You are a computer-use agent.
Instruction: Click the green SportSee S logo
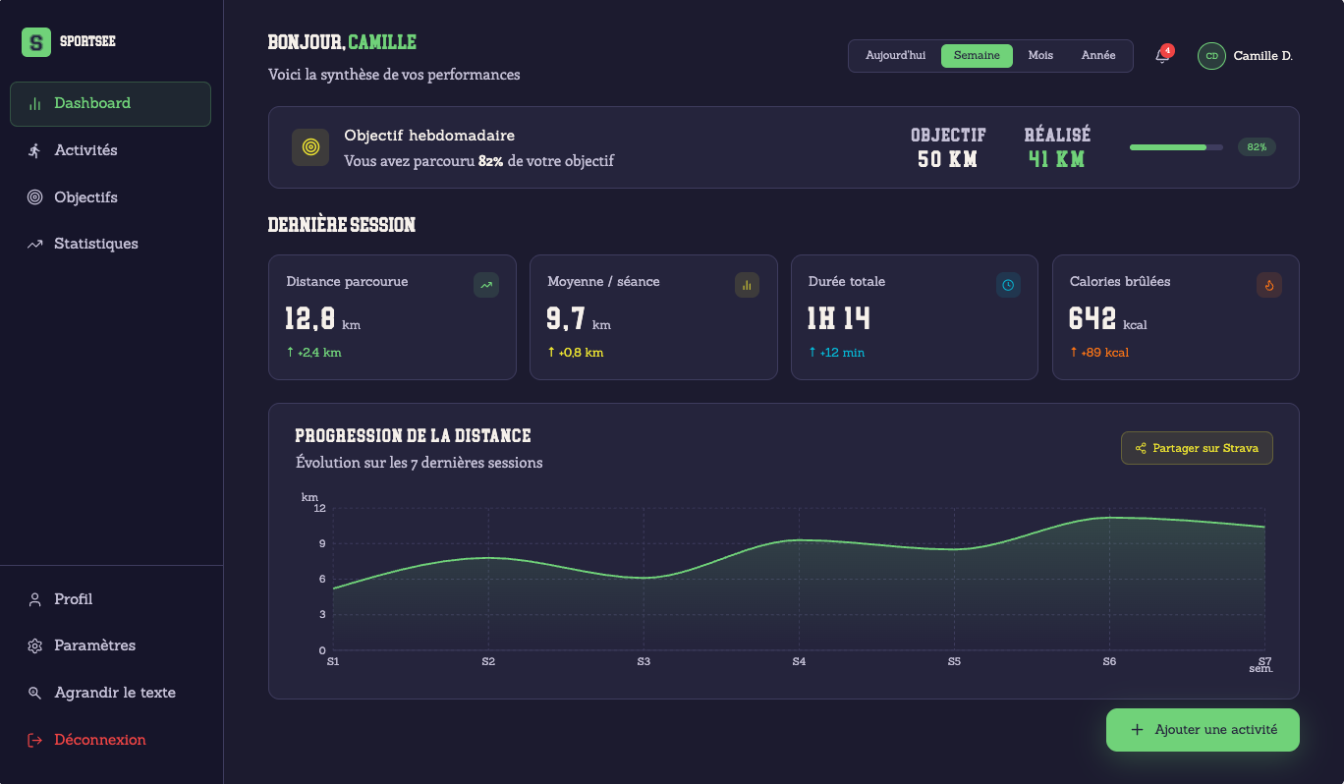pyautogui.click(x=36, y=42)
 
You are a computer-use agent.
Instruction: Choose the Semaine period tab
pyautogui.click(x=977, y=56)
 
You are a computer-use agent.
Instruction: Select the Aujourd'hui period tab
pyautogui.click(x=895, y=56)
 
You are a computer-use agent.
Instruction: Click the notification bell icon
pyautogui.click(x=1162, y=56)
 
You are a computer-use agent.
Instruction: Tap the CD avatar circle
pyautogui.click(x=1211, y=56)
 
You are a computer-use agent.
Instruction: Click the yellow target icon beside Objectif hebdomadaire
pyautogui.click(x=310, y=147)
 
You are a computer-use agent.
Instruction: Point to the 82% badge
pyautogui.click(x=1257, y=147)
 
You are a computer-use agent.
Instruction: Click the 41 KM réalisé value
pyautogui.click(x=1056, y=159)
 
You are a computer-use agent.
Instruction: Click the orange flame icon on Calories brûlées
pyautogui.click(x=1269, y=286)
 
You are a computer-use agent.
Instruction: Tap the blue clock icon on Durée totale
pyautogui.click(x=1008, y=286)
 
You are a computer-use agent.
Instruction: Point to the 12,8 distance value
pyautogui.click(x=309, y=318)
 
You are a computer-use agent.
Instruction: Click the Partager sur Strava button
pyautogui.click(x=1197, y=448)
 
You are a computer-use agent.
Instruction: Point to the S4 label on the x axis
pyautogui.click(x=799, y=661)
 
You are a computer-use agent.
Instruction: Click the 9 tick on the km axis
pyautogui.click(x=322, y=544)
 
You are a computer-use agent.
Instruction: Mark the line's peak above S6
pyautogui.click(x=1109, y=517)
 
